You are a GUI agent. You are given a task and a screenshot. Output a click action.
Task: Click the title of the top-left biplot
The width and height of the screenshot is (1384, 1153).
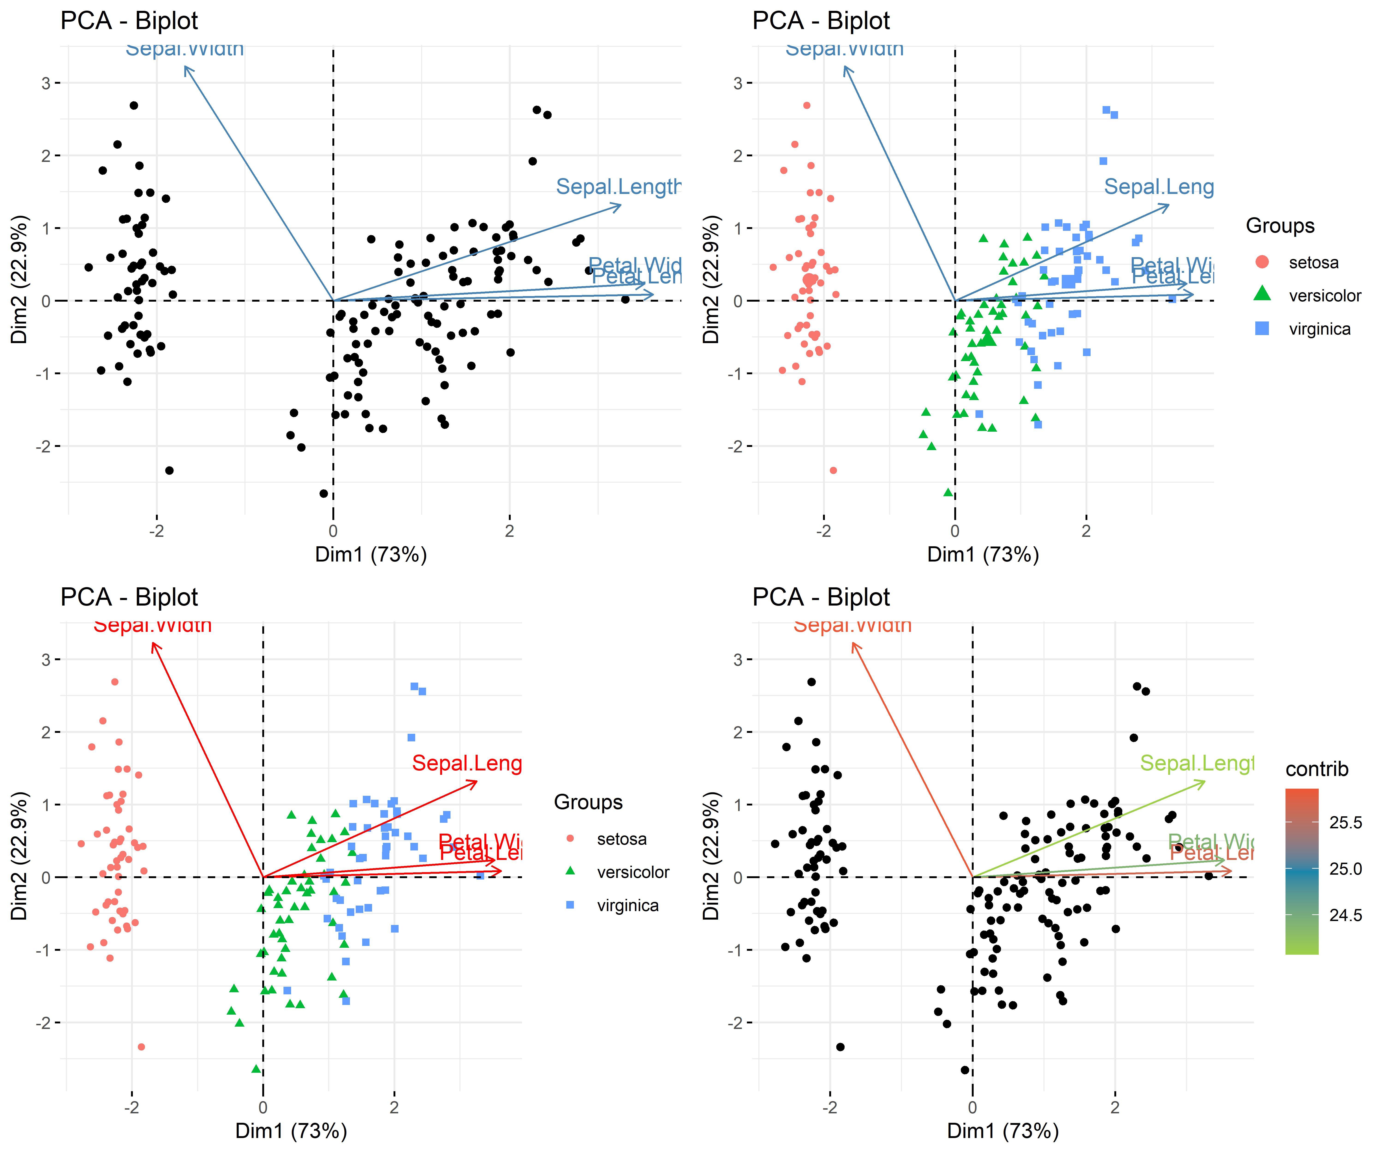[129, 21]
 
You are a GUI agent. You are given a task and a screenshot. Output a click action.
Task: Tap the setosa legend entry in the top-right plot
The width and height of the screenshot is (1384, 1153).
[1313, 263]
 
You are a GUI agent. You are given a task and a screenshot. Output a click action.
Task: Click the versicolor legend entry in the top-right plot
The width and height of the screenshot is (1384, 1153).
[1324, 296]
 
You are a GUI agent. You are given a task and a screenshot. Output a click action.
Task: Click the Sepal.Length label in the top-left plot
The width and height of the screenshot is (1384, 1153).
[618, 187]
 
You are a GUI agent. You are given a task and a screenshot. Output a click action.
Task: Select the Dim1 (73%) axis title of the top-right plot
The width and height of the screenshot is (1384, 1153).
[983, 555]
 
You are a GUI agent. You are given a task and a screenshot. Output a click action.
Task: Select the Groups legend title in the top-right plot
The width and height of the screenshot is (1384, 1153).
[1280, 226]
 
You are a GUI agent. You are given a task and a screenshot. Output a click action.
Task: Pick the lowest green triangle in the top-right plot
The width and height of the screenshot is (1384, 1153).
[948, 492]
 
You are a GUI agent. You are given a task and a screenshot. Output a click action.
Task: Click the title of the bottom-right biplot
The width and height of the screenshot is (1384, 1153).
[821, 597]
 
